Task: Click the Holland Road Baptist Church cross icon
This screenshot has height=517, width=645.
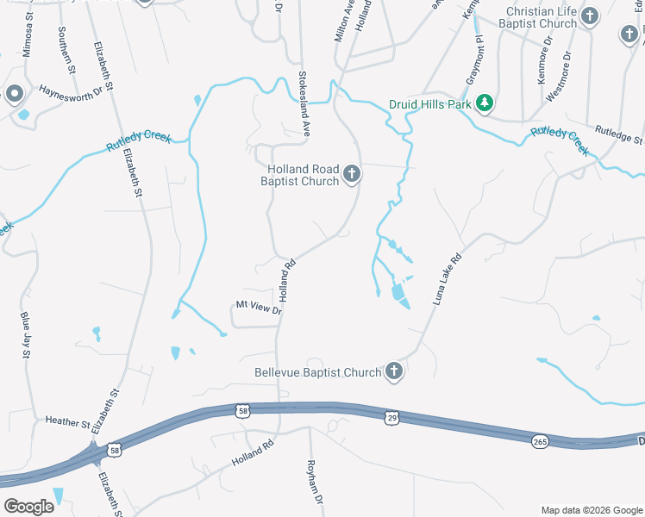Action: click(x=351, y=175)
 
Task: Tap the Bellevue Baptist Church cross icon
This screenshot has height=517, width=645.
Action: click(x=393, y=372)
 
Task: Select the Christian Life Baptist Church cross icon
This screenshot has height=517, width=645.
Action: click(x=591, y=16)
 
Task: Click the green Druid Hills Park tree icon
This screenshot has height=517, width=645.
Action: click(x=485, y=103)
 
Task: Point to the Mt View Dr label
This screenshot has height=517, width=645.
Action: click(x=259, y=305)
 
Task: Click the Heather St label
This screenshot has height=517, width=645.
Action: click(x=67, y=422)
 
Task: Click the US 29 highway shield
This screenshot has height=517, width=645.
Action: click(x=392, y=417)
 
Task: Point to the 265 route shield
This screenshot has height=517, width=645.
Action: click(x=540, y=440)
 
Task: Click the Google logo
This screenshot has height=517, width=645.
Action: click(x=28, y=506)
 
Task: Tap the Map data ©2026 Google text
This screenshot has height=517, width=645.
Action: click(x=591, y=510)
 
